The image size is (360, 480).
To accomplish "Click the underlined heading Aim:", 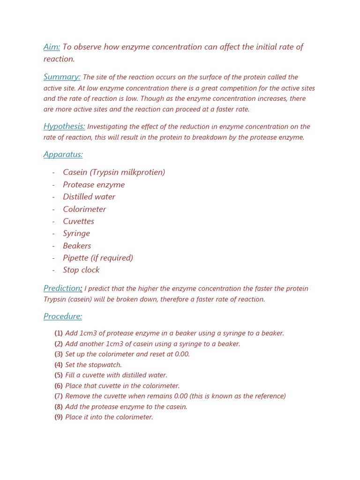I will coord(52,47).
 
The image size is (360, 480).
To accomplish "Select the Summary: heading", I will coord(62,77).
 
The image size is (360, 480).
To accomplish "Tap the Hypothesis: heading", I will coord(64,126).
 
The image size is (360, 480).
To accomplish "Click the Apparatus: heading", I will coord(63,154).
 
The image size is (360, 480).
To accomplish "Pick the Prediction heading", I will coord(62,288).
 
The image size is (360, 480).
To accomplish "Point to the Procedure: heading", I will coord(63,316).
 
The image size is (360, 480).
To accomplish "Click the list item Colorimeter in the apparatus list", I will coord(84,209).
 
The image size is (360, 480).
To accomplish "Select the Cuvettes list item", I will coord(78,221).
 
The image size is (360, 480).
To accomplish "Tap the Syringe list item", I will coord(76,233).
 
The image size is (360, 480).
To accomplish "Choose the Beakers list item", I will coord(77,246).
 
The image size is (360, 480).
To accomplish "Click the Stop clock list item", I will coord(81,270).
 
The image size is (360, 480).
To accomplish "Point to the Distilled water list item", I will coord(89,197).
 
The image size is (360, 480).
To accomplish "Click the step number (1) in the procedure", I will coord(59,333).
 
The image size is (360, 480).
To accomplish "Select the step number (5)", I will coord(59,375).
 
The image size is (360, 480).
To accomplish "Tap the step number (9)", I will coord(59,417).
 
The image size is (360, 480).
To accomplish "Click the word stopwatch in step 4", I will coord(105,365).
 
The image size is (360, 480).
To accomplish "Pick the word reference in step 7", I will coord(268,396).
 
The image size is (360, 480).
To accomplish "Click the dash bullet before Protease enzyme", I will coord(53,185).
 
